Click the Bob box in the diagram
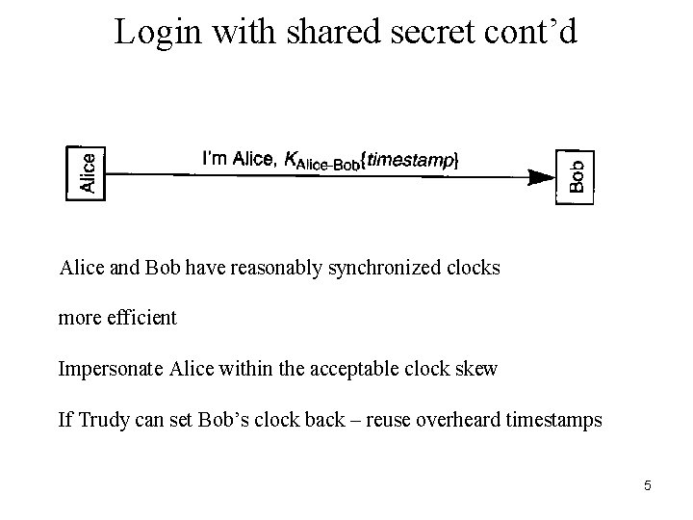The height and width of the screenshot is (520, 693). [x=576, y=176]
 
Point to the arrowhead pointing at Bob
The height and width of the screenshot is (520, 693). [x=541, y=175]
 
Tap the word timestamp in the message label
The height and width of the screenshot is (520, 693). [x=409, y=161]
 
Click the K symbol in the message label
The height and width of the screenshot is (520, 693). [x=290, y=161]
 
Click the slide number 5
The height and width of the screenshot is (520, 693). [x=648, y=485]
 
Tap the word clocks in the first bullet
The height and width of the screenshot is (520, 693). [x=474, y=268]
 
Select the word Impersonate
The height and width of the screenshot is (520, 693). [x=112, y=369]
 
